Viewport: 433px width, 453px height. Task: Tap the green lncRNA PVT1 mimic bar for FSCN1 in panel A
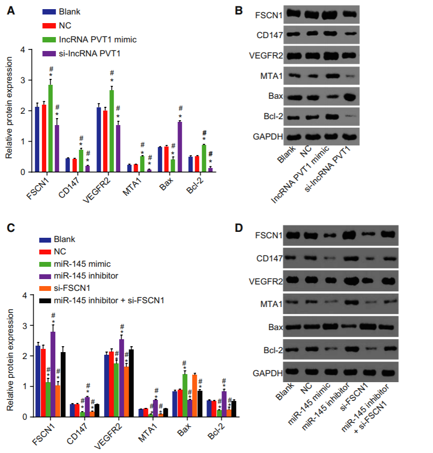[50, 128]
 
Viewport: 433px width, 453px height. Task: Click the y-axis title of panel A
[9, 111]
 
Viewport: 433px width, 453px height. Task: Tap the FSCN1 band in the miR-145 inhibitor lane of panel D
[348, 234]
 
